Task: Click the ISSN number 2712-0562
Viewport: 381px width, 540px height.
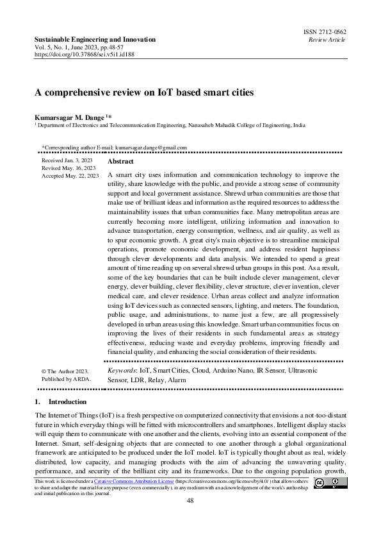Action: (327, 32)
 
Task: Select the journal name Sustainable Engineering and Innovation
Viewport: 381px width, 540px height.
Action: (95, 40)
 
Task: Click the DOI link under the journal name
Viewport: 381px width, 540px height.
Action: (76, 55)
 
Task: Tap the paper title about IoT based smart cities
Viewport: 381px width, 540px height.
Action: (144, 92)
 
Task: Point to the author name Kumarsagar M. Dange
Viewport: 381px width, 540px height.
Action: (71, 117)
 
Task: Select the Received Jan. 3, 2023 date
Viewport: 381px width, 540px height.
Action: (67, 160)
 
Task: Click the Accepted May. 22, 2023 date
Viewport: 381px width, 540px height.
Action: (70, 175)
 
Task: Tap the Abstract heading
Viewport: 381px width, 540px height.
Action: (120, 162)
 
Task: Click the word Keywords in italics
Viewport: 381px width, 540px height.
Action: (122, 371)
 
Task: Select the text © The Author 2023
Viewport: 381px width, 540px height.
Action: (64, 371)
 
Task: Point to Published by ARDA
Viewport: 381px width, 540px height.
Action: (66, 379)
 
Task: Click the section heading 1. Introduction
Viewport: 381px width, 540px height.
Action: (55, 401)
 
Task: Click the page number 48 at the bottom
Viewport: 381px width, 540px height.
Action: (190, 500)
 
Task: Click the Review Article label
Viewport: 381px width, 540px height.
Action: (327, 40)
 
